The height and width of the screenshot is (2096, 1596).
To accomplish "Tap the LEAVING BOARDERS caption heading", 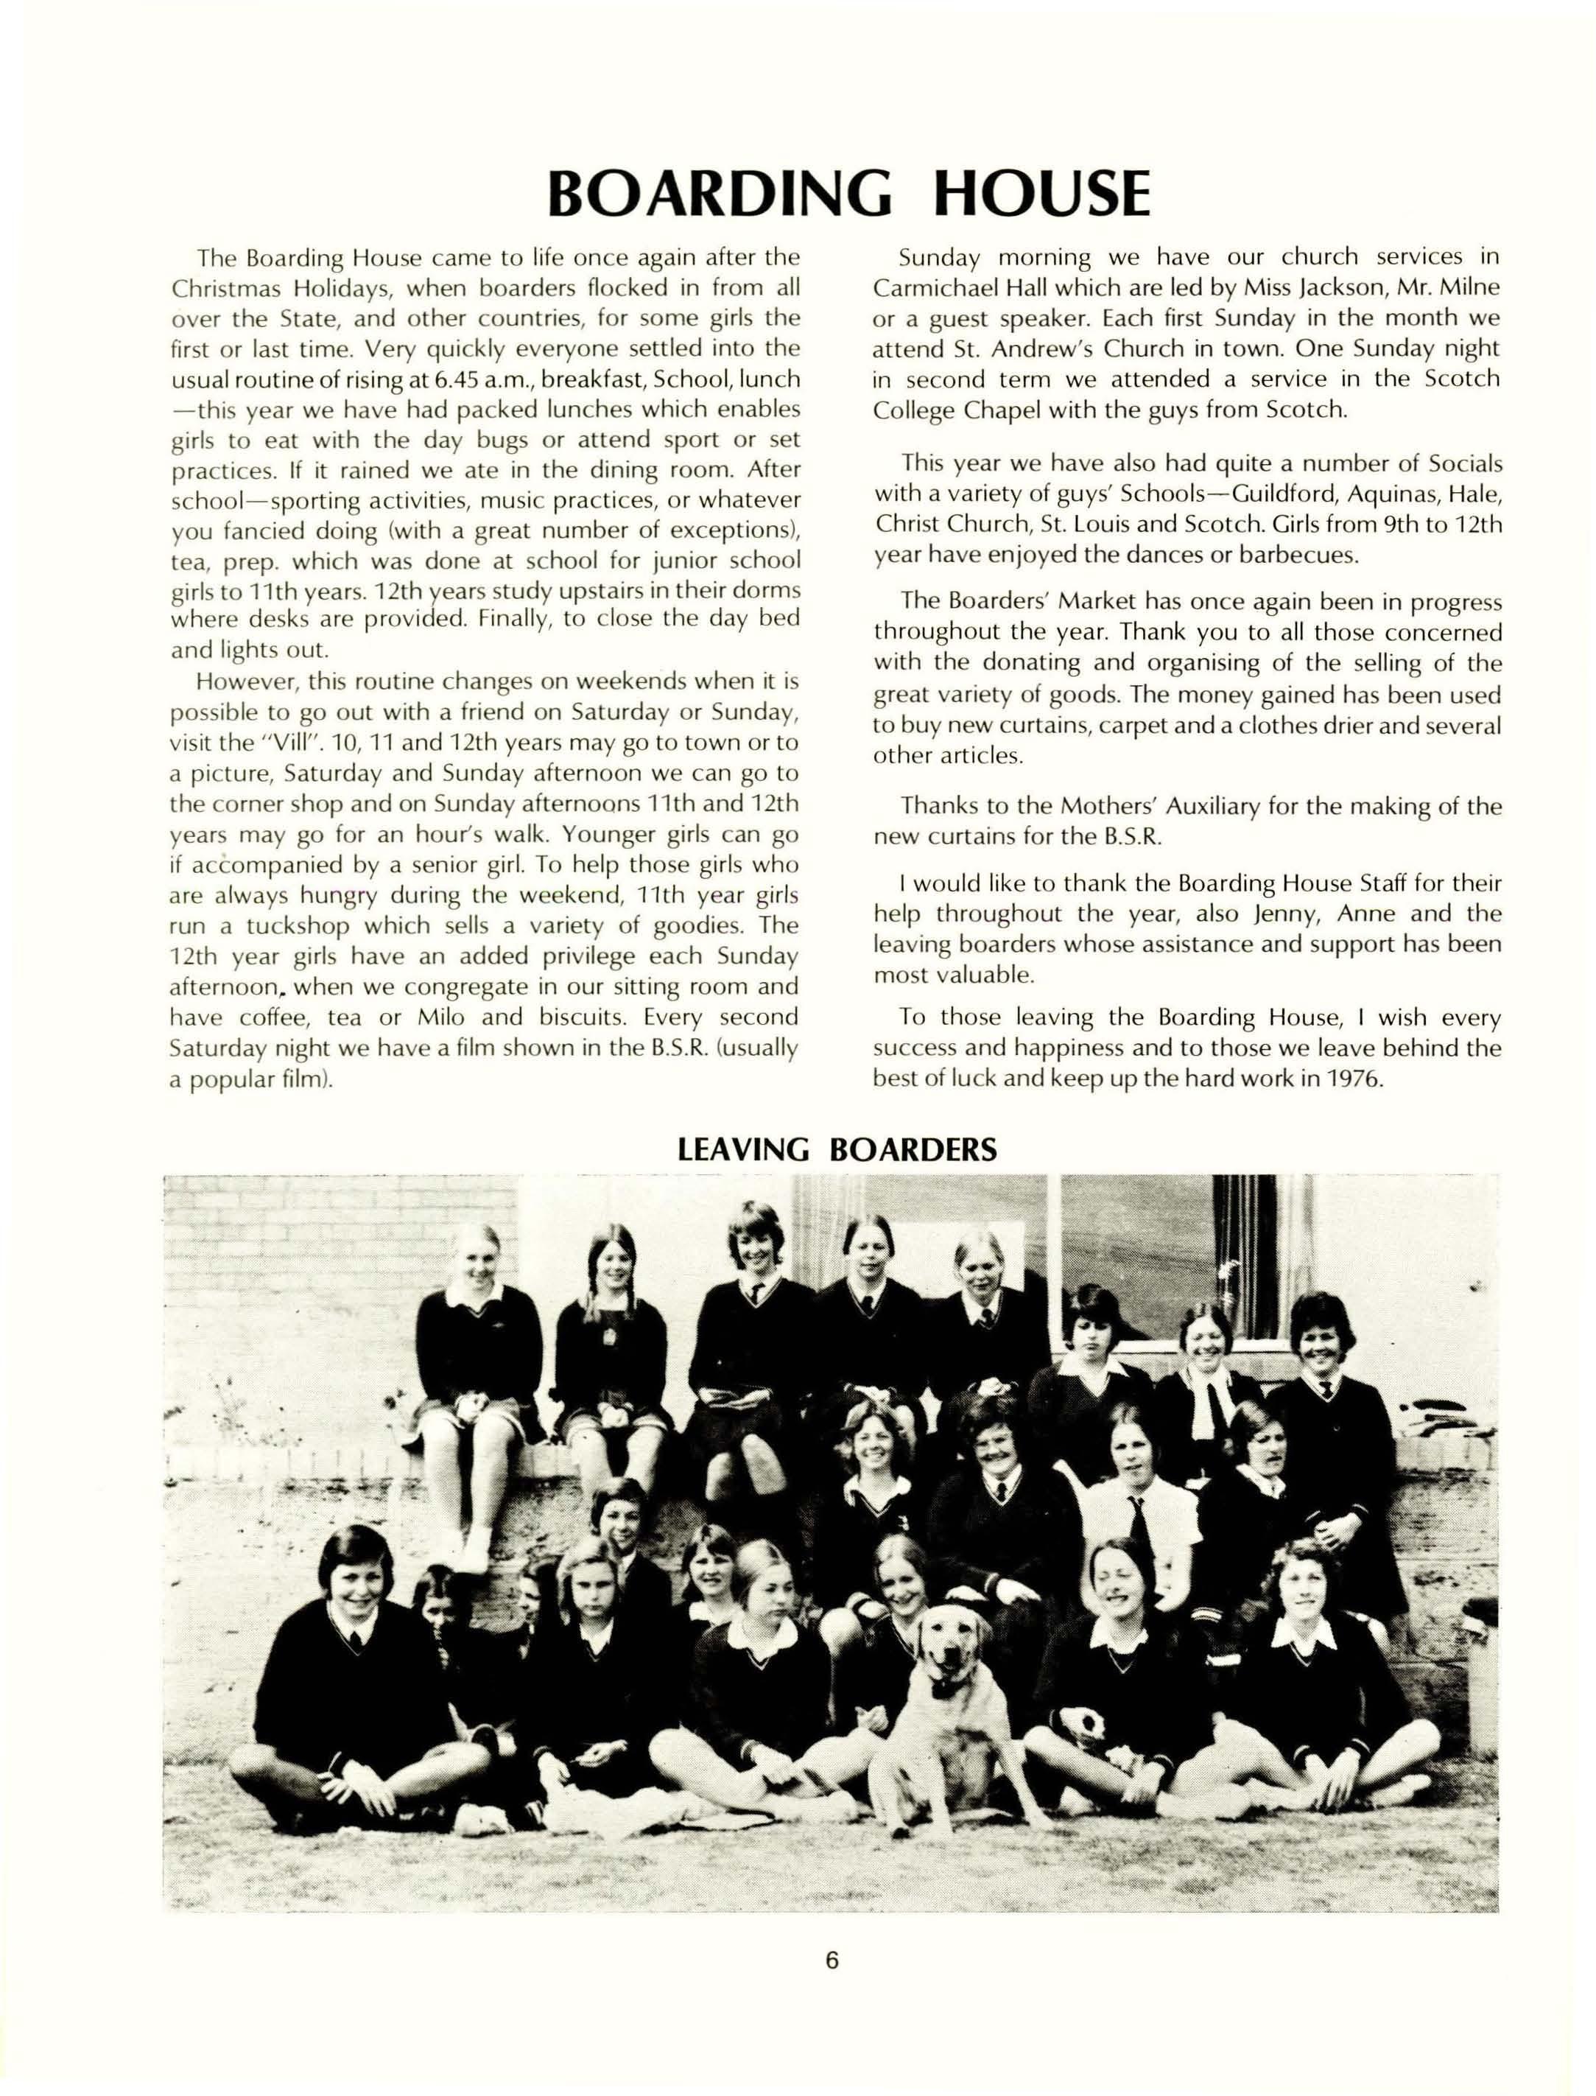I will [837, 1149].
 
